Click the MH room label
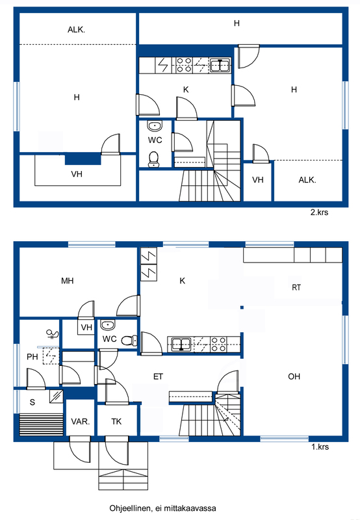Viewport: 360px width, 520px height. pyautogui.click(x=68, y=281)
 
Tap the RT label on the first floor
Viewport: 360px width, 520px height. pyautogui.click(x=296, y=287)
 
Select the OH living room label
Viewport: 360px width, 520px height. pyautogui.click(x=294, y=376)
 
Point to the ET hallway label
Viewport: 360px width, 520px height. pyautogui.click(x=158, y=377)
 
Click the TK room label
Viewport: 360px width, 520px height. pyautogui.click(x=116, y=421)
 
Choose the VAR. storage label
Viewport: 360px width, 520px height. pyautogui.click(x=81, y=421)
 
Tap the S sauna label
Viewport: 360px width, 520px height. pyautogui.click(x=32, y=402)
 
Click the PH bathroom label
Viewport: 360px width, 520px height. pyautogui.click(x=32, y=357)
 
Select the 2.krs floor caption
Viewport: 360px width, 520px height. pyautogui.click(x=319, y=213)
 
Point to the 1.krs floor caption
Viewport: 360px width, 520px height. pyautogui.click(x=320, y=447)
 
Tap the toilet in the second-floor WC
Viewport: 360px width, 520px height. pyautogui.click(x=153, y=159)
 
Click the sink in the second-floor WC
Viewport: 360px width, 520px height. pyautogui.click(x=155, y=125)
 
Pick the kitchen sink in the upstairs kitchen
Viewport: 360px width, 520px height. pyautogui.click(x=220, y=65)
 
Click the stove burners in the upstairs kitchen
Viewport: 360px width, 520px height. pyautogui.click(x=183, y=65)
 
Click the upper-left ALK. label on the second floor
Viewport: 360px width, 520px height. pyautogui.click(x=76, y=30)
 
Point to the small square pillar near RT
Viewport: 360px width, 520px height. pyautogui.click(x=242, y=307)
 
